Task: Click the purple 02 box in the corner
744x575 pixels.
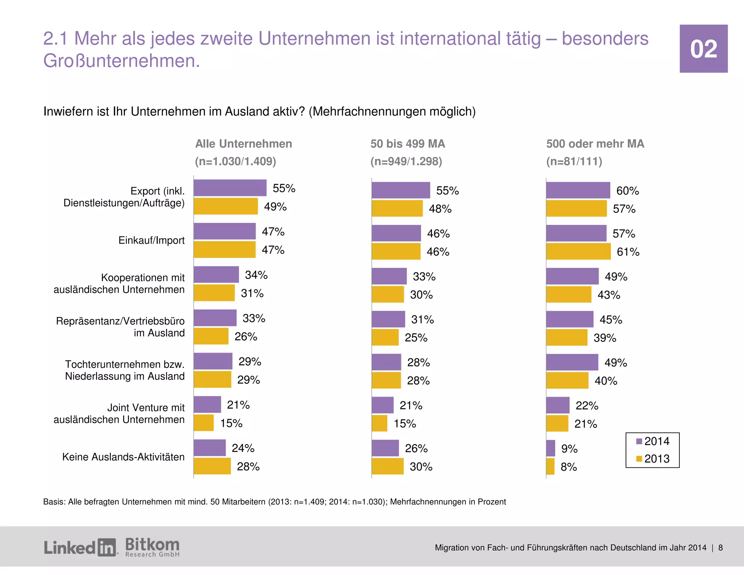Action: pyautogui.click(x=703, y=49)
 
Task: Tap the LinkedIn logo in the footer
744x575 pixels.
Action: pyautogui.click(x=80, y=547)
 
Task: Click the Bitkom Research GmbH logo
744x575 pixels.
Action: pyautogui.click(x=152, y=547)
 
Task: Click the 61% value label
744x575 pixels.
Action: pyautogui.click(x=628, y=252)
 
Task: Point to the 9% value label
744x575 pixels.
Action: pyautogui.click(x=569, y=449)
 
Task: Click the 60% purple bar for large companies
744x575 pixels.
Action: pyautogui.click(x=578, y=190)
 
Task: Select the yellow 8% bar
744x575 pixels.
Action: pyautogui.click(x=550, y=466)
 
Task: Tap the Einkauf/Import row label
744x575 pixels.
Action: pyautogui.click(x=151, y=240)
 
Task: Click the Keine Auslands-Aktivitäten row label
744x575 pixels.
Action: pyautogui.click(x=123, y=457)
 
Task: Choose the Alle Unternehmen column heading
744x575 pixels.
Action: pyautogui.click(x=243, y=144)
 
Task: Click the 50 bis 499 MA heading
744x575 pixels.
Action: pyautogui.click(x=408, y=144)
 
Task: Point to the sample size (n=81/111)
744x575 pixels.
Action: pyautogui.click(x=574, y=161)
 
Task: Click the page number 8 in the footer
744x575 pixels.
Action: pyautogui.click(x=720, y=548)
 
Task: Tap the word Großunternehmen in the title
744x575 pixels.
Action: pyautogui.click(x=121, y=61)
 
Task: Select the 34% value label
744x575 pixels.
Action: pyautogui.click(x=256, y=275)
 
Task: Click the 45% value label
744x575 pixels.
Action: pyautogui.click(x=611, y=319)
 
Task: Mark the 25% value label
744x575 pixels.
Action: pyautogui.click(x=416, y=338)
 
